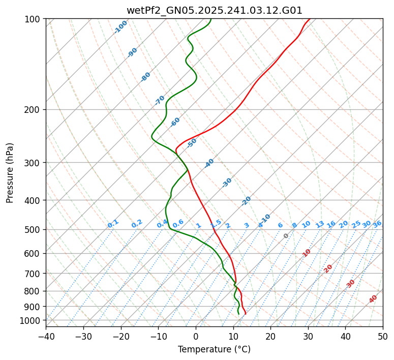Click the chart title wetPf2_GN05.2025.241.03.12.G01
pyautogui.click(x=214, y=10)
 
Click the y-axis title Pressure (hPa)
pyautogui.click(x=10, y=172)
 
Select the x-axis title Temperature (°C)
pyautogui.click(x=214, y=349)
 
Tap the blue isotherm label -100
pyautogui.click(x=120, y=26)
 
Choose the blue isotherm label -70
pyautogui.click(x=160, y=100)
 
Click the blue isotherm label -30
pyautogui.click(x=227, y=183)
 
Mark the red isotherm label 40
pyautogui.click(x=373, y=299)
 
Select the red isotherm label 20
pyautogui.click(x=328, y=268)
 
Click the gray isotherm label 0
pyautogui.click(x=286, y=236)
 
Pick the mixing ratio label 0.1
pyautogui.click(x=113, y=224)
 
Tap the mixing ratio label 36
pyautogui.click(x=377, y=224)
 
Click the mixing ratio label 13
pyautogui.click(x=320, y=224)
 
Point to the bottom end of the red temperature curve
pyautogui.click(x=246, y=313)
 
